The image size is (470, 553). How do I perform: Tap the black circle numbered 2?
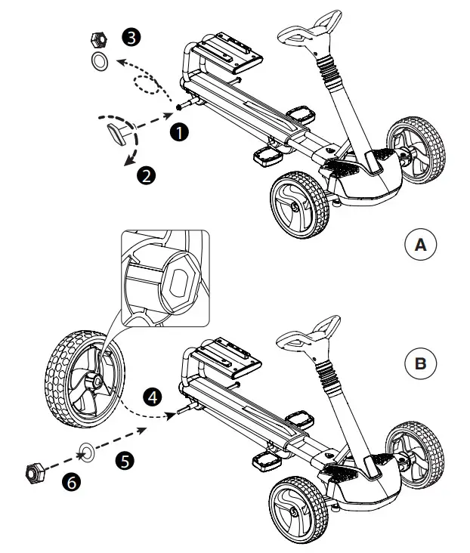(x=146, y=175)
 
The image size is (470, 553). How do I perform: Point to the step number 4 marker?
(x=153, y=396)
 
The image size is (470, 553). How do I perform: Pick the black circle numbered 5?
(x=125, y=459)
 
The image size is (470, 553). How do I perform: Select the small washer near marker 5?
(x=87, y=454)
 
